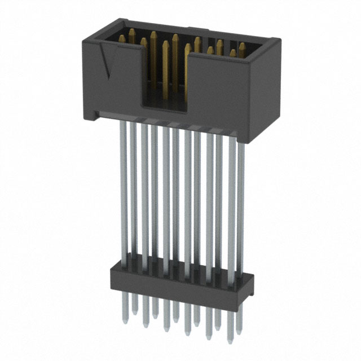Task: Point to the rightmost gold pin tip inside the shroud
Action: point(242,46)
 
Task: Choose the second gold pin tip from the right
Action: point(232,53)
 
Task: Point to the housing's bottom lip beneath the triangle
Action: point(113,115)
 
